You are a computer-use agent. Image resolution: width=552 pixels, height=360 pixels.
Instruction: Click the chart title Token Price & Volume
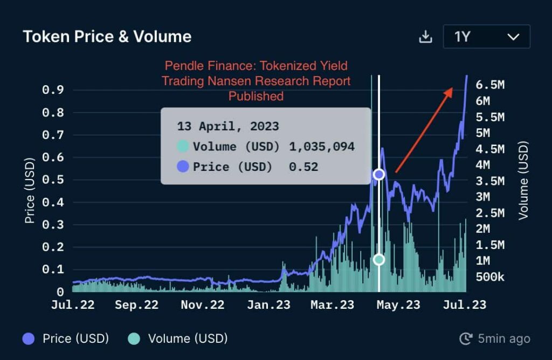[x=107, y=37]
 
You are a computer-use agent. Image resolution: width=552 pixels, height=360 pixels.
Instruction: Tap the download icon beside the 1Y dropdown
[x=426, y=37]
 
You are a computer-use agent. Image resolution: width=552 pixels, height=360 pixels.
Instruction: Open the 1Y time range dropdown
[x=486, y=37]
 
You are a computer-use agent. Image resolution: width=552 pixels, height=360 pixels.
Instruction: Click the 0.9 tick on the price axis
[x=53, y=90]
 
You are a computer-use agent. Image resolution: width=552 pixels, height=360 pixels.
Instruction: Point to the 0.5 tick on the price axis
[x=53, y=179]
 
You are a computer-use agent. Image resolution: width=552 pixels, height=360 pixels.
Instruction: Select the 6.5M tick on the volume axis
[x=490, y=85]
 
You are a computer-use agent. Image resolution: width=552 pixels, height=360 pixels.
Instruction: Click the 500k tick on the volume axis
[x=490, y=277]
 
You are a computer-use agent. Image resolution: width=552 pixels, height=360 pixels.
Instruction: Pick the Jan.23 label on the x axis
[x=268, y=305]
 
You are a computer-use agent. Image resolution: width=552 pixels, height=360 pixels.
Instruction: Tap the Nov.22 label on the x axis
[x=202, y=305]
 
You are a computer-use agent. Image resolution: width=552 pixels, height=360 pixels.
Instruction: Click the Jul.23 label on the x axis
[x=464, y=305]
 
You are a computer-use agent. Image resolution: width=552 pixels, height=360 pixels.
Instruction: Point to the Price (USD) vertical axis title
[x=30, y=190]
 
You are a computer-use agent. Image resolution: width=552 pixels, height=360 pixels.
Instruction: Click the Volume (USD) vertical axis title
[x=523, y=181]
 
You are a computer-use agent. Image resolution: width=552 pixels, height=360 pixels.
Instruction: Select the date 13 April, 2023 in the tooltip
[x=228, y=127]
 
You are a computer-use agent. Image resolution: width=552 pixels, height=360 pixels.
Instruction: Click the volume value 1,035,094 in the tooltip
[x=322, y=147]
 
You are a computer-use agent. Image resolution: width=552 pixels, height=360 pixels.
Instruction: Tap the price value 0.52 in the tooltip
[x=303, y=167]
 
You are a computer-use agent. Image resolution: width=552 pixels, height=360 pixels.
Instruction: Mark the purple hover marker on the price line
[x=379, y=174]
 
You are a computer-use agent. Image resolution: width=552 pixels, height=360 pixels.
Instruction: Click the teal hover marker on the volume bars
[x=379, y=260]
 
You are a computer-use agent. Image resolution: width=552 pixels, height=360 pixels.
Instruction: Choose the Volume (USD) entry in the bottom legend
[x=177, y=338]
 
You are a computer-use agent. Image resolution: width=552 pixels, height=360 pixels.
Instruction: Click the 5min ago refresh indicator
[x=494, y=338]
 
